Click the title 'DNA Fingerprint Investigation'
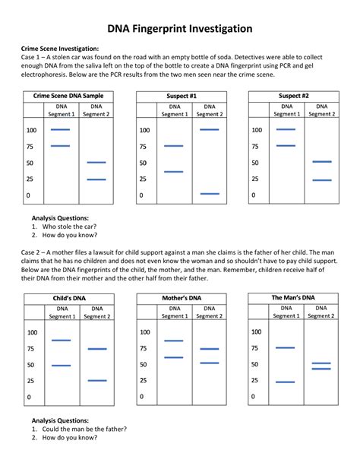coord(179,29)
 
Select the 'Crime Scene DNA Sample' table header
coord(68,97)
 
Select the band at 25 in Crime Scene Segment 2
coord(96,179)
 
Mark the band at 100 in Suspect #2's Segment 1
coord(286,129)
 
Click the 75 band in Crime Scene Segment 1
coord(59,146)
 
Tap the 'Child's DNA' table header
coord(68,298)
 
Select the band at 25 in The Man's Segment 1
coord(285,382)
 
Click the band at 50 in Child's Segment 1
coord(60,366)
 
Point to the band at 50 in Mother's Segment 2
coord(208,363)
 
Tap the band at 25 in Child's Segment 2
coord(96,380)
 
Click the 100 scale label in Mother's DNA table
coord(144,332)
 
